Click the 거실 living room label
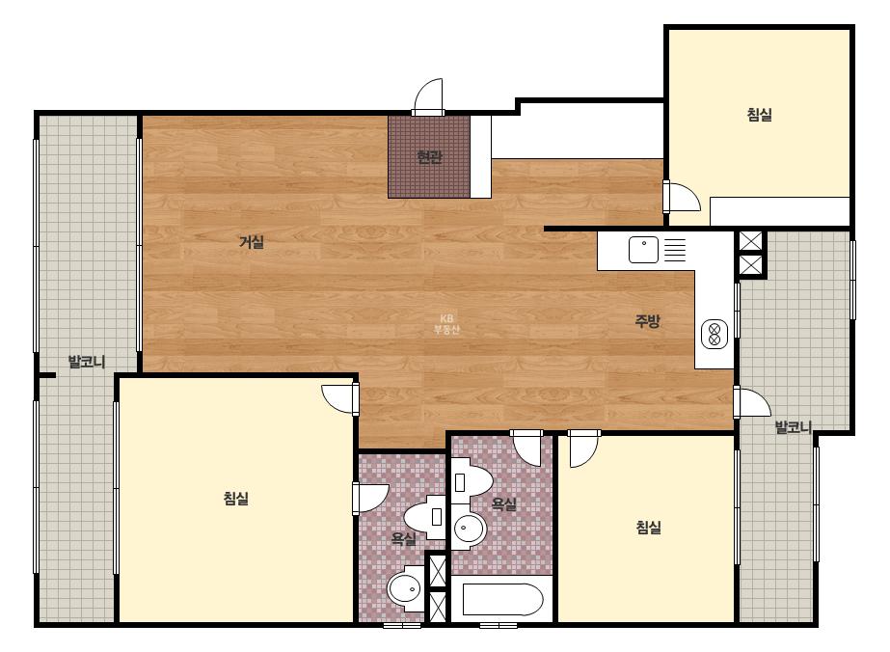pos(252,242)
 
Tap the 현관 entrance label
pos(429,157)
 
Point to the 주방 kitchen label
pos(647,321)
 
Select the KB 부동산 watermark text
pos(446,324)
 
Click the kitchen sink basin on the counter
pos(643,250)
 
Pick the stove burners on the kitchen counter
pos(715,334)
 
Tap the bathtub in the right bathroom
pos(503,600)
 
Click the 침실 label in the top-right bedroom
pos(760,115)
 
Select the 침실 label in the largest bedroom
pos(236,499)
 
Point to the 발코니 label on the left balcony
pos(87,362)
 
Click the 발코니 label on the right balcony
pos(794,427)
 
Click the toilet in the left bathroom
pos(425,517)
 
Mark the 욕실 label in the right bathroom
pos(503,503)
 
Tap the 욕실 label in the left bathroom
pos(404,538)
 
